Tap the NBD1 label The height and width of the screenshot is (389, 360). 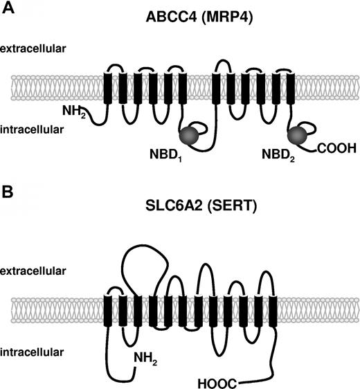(x=165, y=148)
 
